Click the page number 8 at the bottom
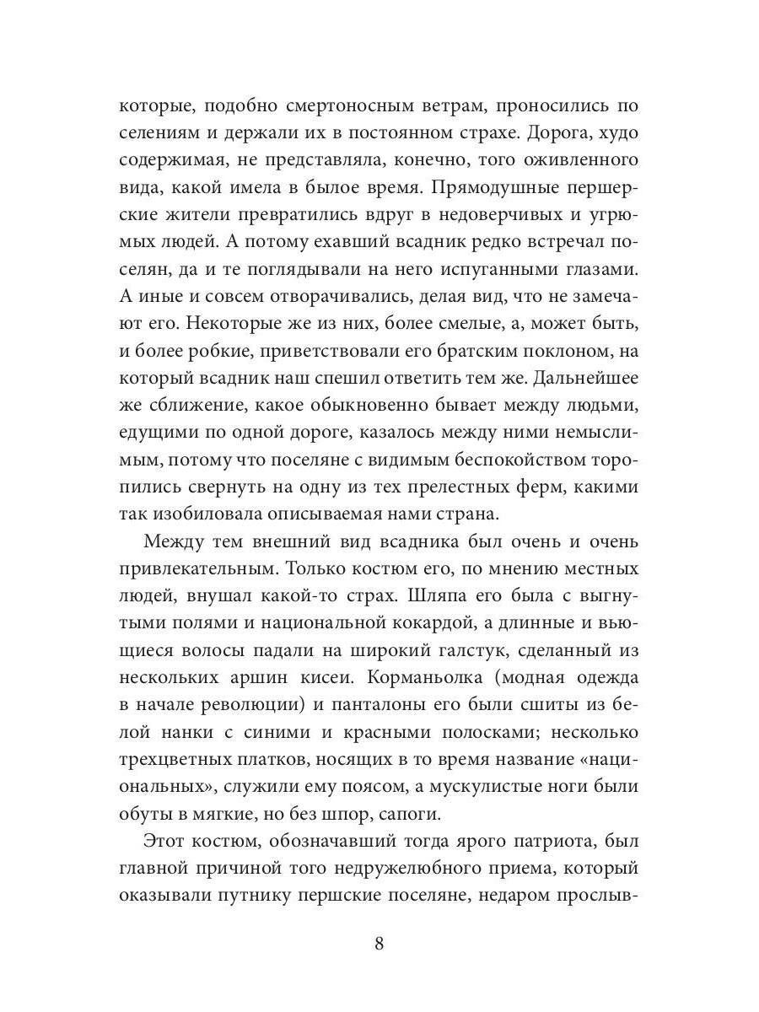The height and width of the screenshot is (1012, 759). coord(379,943)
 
